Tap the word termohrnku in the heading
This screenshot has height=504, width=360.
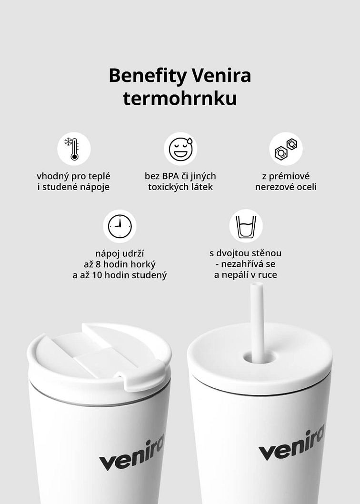[180, 99]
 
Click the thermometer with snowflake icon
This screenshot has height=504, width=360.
[74, 149]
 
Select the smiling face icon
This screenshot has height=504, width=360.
[180, 149]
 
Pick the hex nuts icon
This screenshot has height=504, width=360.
[286, 149]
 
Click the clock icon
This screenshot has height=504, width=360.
[120, 226]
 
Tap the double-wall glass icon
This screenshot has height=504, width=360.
[246, 226]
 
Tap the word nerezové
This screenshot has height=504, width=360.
[274, 187]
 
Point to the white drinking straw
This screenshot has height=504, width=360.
[257, 314]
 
